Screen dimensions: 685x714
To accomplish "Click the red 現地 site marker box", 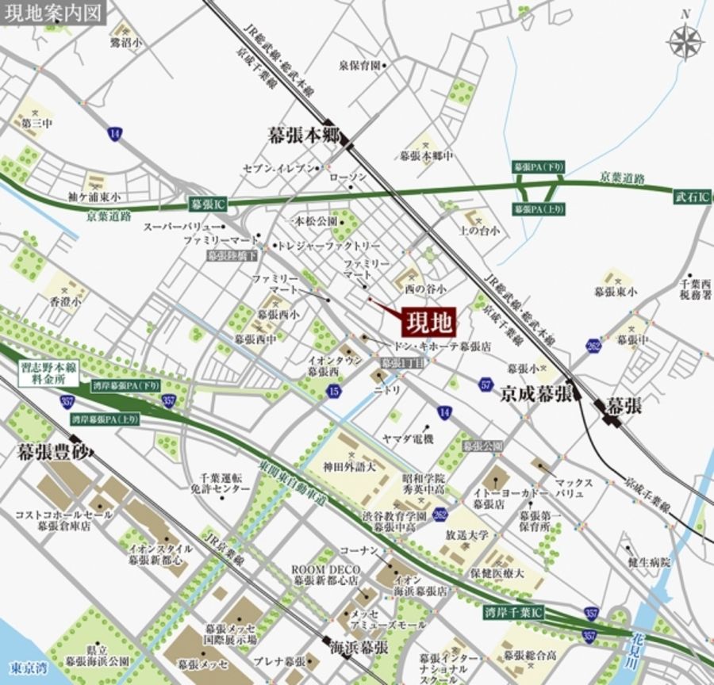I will [x=429, y=323].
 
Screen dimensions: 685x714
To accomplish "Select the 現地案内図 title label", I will [x=53, y=13].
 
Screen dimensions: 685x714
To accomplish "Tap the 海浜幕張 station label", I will [x=359, y=646].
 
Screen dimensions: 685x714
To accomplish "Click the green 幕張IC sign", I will [x=209, y=204].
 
